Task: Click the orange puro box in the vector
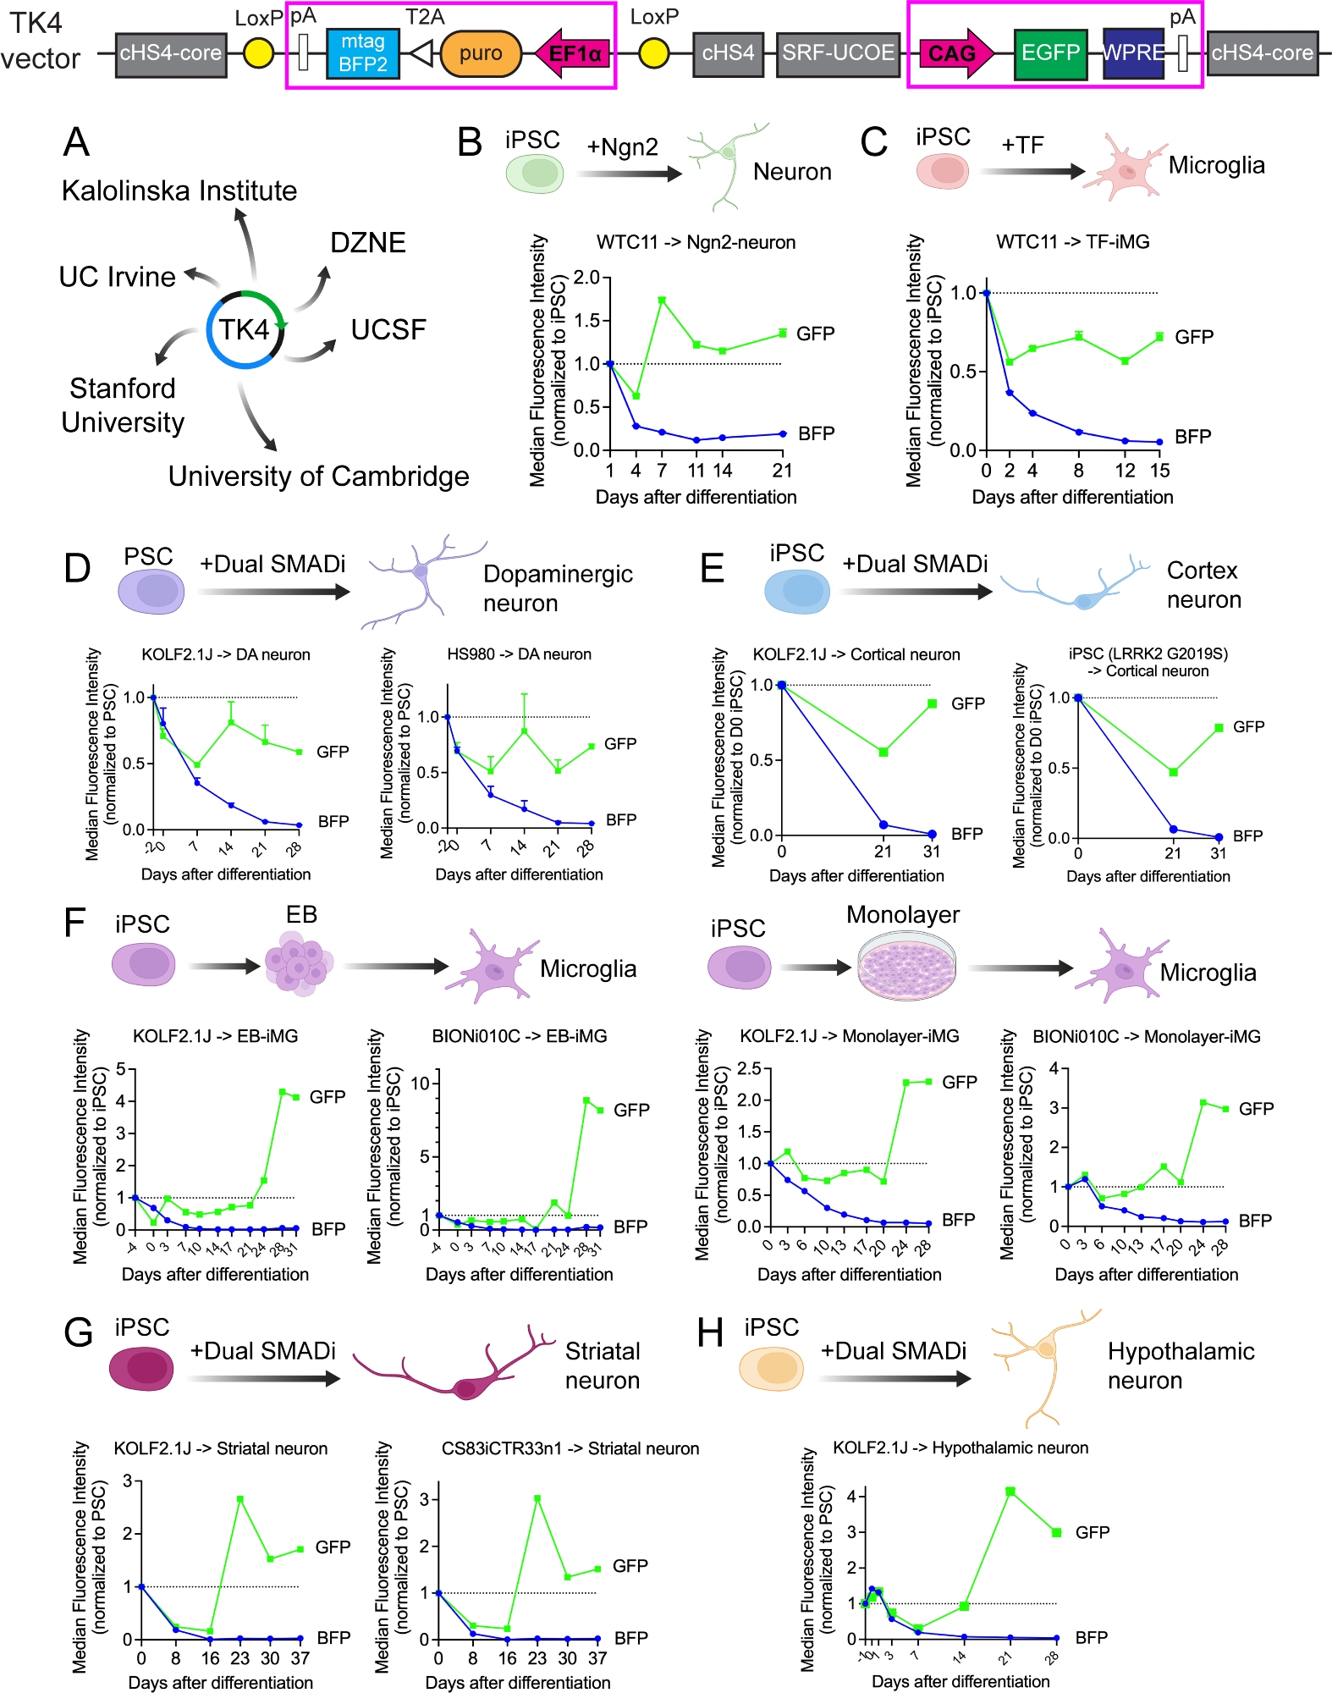pos(481,53)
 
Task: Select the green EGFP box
pos(1050,53)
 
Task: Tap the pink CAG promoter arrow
pos(955,53)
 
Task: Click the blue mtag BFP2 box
pos(362,53)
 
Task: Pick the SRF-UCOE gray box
pos(837,53)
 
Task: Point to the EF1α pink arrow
pos(573,53)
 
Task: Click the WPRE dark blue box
pos(1133,53)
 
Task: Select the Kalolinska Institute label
pos(179,190)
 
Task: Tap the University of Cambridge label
pos(318,477)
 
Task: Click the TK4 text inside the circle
pos(244,329)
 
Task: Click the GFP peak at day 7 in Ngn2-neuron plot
pos(662,301)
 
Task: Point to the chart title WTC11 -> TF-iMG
pos(1072,242)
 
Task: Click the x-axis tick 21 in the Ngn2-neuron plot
pos(783,471)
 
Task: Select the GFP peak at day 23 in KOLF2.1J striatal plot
pos(240,1499)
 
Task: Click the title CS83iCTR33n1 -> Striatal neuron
pos(570,1448)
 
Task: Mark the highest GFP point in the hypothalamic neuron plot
pos(1010,1492)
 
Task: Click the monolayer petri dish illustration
pos(906,966)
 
